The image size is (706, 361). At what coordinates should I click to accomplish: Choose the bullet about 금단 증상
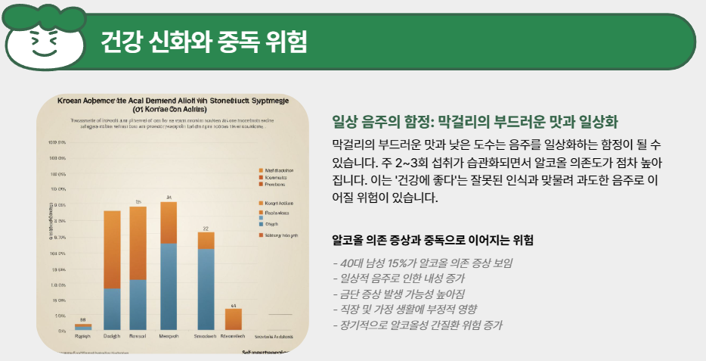coord(399,294)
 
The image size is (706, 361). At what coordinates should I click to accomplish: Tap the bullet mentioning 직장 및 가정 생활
coord(405,310)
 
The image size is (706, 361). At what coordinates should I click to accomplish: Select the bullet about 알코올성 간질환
coord(417,325)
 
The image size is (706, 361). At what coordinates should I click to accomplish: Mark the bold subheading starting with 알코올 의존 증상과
coord(433,240)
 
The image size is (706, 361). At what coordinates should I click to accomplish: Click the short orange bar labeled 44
coord(233,319)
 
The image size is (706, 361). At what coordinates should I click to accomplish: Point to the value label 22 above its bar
coord(206,227)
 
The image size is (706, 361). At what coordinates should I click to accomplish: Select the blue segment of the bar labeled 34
coord(169,287)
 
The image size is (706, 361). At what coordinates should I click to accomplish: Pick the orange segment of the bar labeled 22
coord(206,241)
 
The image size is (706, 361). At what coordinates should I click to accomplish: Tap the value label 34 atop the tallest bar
coord(169,197)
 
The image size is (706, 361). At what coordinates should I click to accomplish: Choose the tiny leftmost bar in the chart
coord(83,327)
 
